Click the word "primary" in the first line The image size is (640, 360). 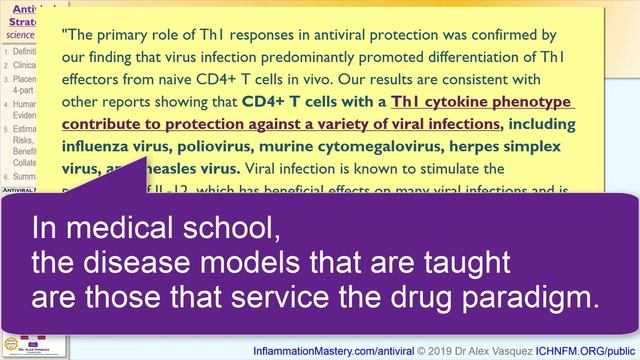point(130,34)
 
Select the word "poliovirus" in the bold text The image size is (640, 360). point(227,147)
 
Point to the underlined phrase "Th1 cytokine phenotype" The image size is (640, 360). point(483,102)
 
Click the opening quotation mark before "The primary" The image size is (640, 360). point(64,34)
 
